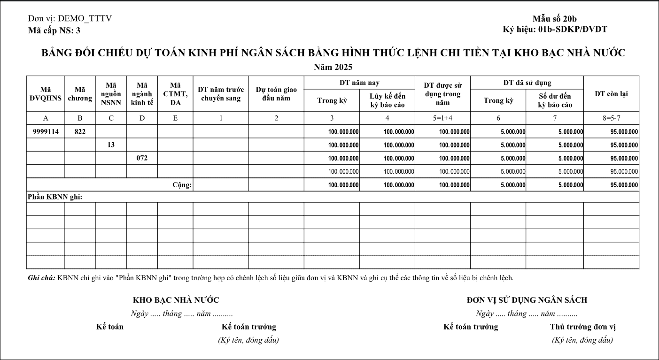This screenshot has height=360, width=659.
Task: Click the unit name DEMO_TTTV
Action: coord(85,19)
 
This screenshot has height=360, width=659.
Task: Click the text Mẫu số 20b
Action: coord(558,19)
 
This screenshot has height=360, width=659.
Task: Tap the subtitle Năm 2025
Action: coord(333,67)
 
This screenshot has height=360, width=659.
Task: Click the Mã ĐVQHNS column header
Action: coord(46,93)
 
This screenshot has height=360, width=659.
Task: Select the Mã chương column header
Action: coord(80,93)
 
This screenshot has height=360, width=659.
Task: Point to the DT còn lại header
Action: coord(611,93)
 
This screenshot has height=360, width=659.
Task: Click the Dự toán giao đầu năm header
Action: coord(276,93)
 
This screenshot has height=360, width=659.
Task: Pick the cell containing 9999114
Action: coord(46,131)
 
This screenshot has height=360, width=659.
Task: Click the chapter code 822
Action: coord(80,131)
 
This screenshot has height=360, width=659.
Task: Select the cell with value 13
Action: coord(111,145)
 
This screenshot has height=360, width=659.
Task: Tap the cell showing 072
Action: coord(142,158)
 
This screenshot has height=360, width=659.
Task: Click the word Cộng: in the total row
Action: coord(182,185)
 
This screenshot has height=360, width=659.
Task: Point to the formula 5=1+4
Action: coord(442,118)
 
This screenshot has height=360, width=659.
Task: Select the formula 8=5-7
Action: coord(611,118)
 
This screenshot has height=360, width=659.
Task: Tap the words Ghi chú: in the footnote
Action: coord(41,278)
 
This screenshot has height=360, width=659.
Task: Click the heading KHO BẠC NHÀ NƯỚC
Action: coord(176,300)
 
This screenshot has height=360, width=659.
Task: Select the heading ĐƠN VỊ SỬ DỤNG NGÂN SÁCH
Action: coord(527,300)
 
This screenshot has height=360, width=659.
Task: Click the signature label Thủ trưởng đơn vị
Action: coord(582,327)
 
